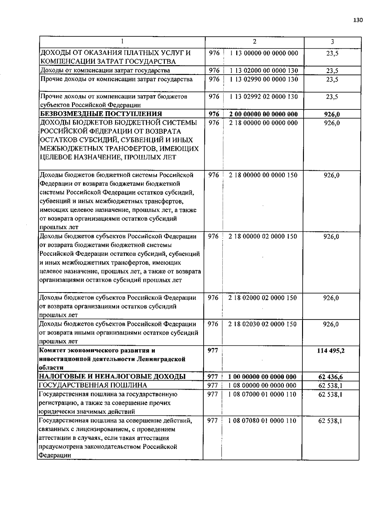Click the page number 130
(358, 20)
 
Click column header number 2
(254, 42)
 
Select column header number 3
(332, 42)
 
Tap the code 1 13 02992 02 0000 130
(264, 97)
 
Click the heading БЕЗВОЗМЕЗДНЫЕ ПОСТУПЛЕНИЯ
(101, 114)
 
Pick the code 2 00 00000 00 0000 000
(264, 114)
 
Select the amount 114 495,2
(331, 351)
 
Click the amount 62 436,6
(331, 377)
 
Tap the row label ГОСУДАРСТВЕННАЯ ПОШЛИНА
(93, 385)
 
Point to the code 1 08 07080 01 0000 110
(262, 421)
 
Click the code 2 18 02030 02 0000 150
(263, 324)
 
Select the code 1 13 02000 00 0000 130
(264, 71)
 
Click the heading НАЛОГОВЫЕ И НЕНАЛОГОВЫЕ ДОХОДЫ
(112, 377)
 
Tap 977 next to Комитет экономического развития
(213, 350)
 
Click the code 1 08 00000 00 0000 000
(262, 386)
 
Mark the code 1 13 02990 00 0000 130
(264, 79)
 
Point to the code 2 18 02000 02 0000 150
(263, 298)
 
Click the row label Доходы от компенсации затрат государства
(105, 71)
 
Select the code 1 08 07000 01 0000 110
(262, 394)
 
